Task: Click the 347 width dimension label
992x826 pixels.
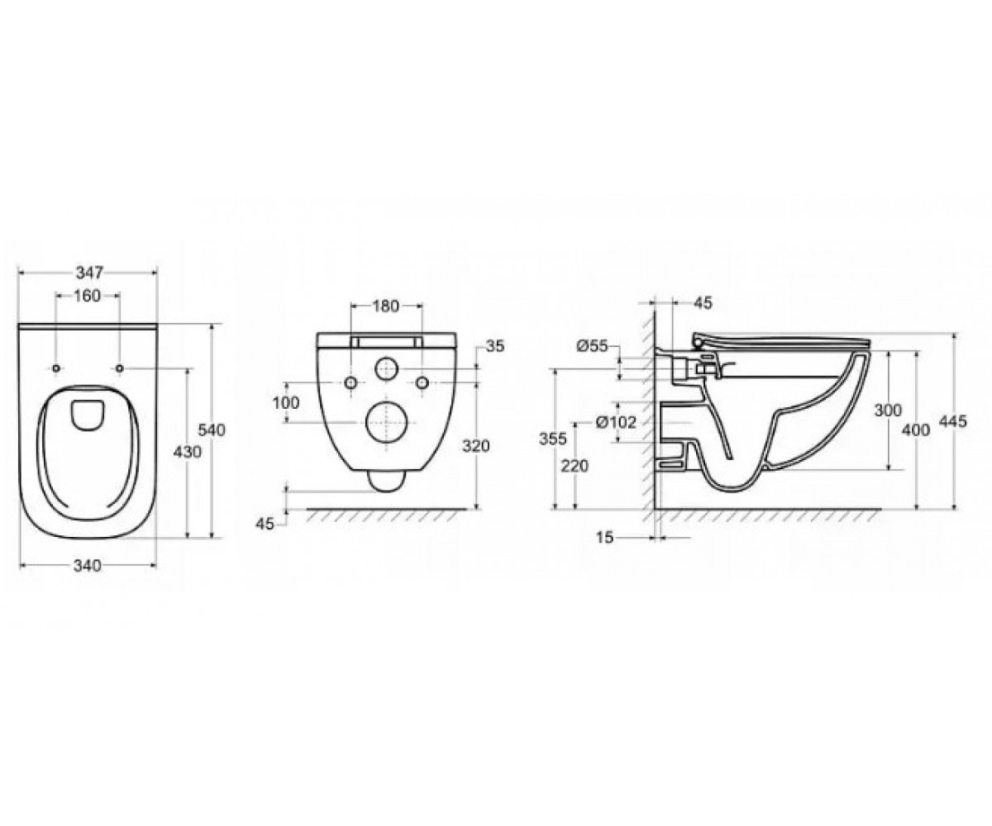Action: point(89,273)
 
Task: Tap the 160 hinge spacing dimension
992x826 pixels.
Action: point(88,296)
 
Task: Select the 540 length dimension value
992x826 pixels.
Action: point(212,430)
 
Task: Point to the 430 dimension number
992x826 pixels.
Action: point(187,452)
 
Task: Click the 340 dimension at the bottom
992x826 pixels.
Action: point(88,565)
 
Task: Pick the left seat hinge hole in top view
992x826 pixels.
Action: point(56,368)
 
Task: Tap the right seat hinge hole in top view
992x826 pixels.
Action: point(119,368)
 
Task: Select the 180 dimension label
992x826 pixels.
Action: point(385,306)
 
